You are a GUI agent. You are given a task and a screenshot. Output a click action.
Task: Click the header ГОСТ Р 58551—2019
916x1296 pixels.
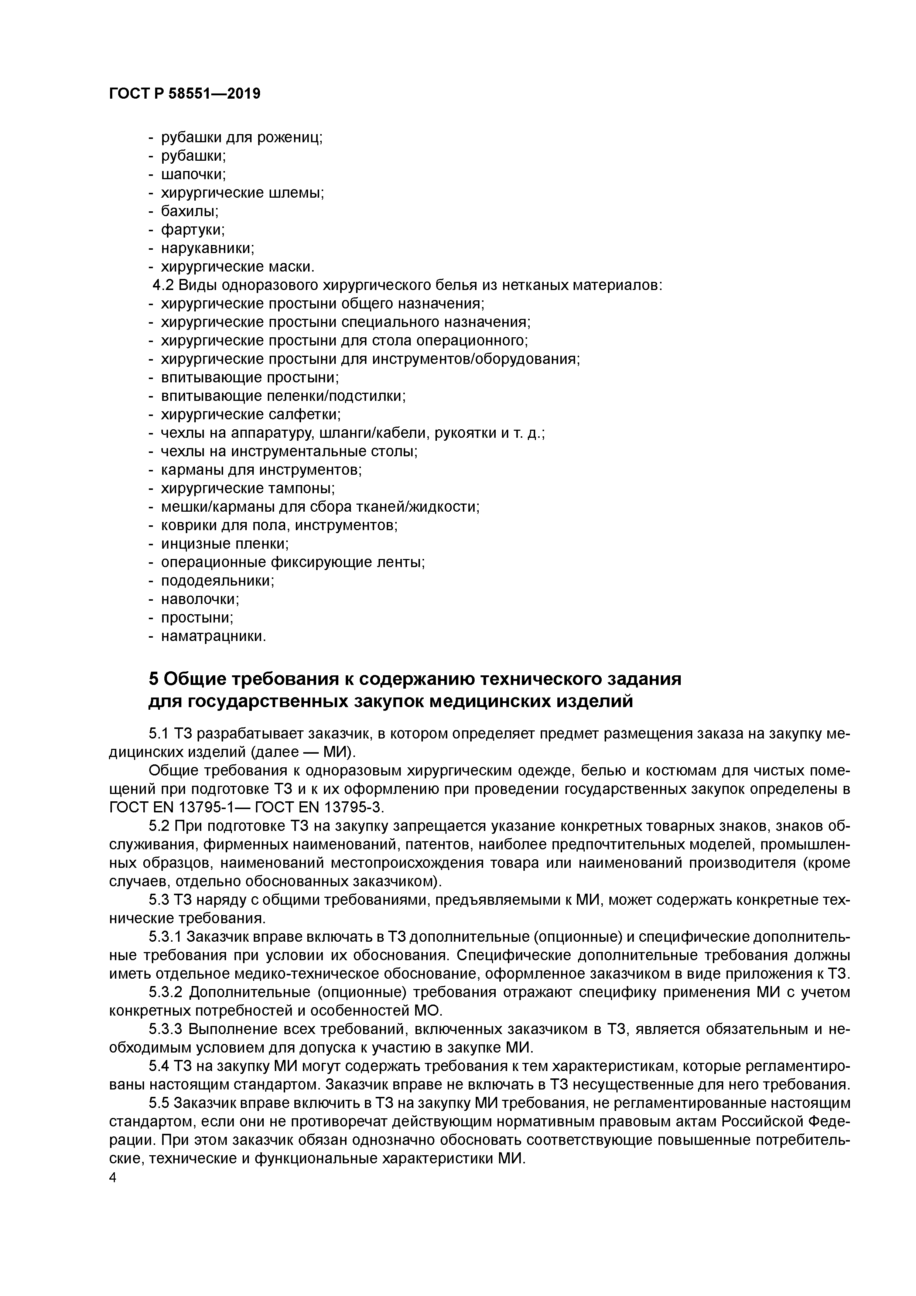185,94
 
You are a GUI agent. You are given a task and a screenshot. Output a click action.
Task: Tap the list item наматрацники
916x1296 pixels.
213,636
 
